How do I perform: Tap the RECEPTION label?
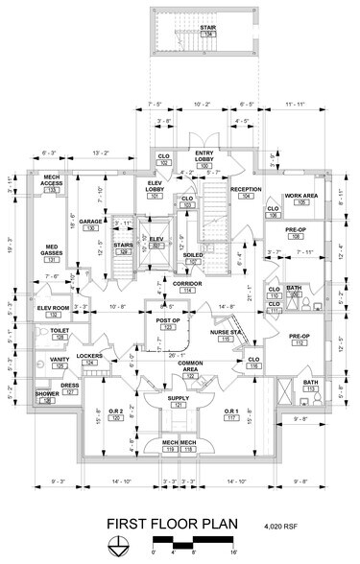click(246, 191)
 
